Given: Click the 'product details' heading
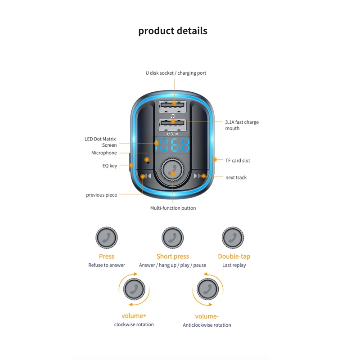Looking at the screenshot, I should [x=173, y=31].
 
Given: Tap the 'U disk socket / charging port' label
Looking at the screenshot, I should [x=175, y=73].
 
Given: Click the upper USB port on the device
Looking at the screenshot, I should [x=172, y=107].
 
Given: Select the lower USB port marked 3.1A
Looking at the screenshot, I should [x=172, y=124].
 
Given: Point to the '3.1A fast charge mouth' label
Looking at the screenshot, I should [x=242, y=125].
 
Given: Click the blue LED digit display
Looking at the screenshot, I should [x=172, y=145].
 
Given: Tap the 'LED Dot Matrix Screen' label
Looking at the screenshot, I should [x=100, y=142].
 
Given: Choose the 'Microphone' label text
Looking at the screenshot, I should [x=104, y=153].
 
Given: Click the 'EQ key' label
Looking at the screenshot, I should [x=109, y=166].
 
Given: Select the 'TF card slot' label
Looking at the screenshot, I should [x=238, y=161].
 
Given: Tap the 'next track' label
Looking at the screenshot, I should [x=236, y=178].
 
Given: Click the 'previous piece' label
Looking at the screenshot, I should [x=101, y=195].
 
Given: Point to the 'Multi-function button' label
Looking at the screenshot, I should [x=173, y=208].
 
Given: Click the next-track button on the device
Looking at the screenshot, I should [x=199, y=176].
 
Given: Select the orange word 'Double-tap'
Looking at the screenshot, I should [x=234, y=256].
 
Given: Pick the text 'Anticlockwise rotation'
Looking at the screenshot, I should [x=207, y=325].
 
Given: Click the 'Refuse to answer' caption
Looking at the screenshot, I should [x=107, y=265].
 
